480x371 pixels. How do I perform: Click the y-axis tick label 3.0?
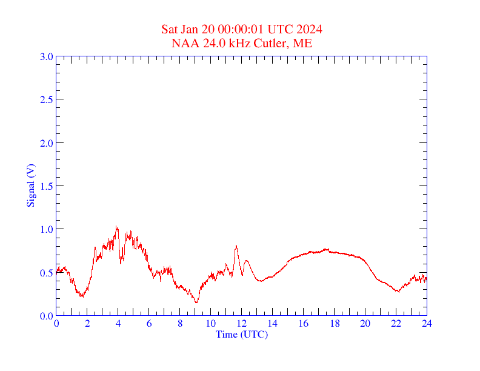[x=46, y=56]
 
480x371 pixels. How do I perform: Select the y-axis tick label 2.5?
[x=46, y=99]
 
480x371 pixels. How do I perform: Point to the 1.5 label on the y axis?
[x=46, y=186]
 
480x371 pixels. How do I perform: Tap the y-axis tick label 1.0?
[x=46, y=229]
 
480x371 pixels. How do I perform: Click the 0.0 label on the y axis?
[x=46, y=316]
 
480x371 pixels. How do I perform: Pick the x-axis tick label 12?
[x=242, y=324]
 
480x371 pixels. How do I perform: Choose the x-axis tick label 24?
[x=427, y=324]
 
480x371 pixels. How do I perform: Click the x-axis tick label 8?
[x=180, y=324]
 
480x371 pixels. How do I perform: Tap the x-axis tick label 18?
[x=335, y=324]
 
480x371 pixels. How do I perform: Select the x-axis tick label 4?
[x=118, y=324]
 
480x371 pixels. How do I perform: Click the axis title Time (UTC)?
[x=242, y=334]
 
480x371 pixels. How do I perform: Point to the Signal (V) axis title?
[x=30, y=185]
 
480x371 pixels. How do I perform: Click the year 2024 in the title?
[x=309, y=29]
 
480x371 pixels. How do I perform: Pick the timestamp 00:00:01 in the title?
[x=245, y=29]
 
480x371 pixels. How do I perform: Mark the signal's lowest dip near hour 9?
[x=196, y=302]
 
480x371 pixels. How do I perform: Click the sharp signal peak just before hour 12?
[x=236, y=246]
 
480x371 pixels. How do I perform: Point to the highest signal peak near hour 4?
[x=116, y=227]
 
